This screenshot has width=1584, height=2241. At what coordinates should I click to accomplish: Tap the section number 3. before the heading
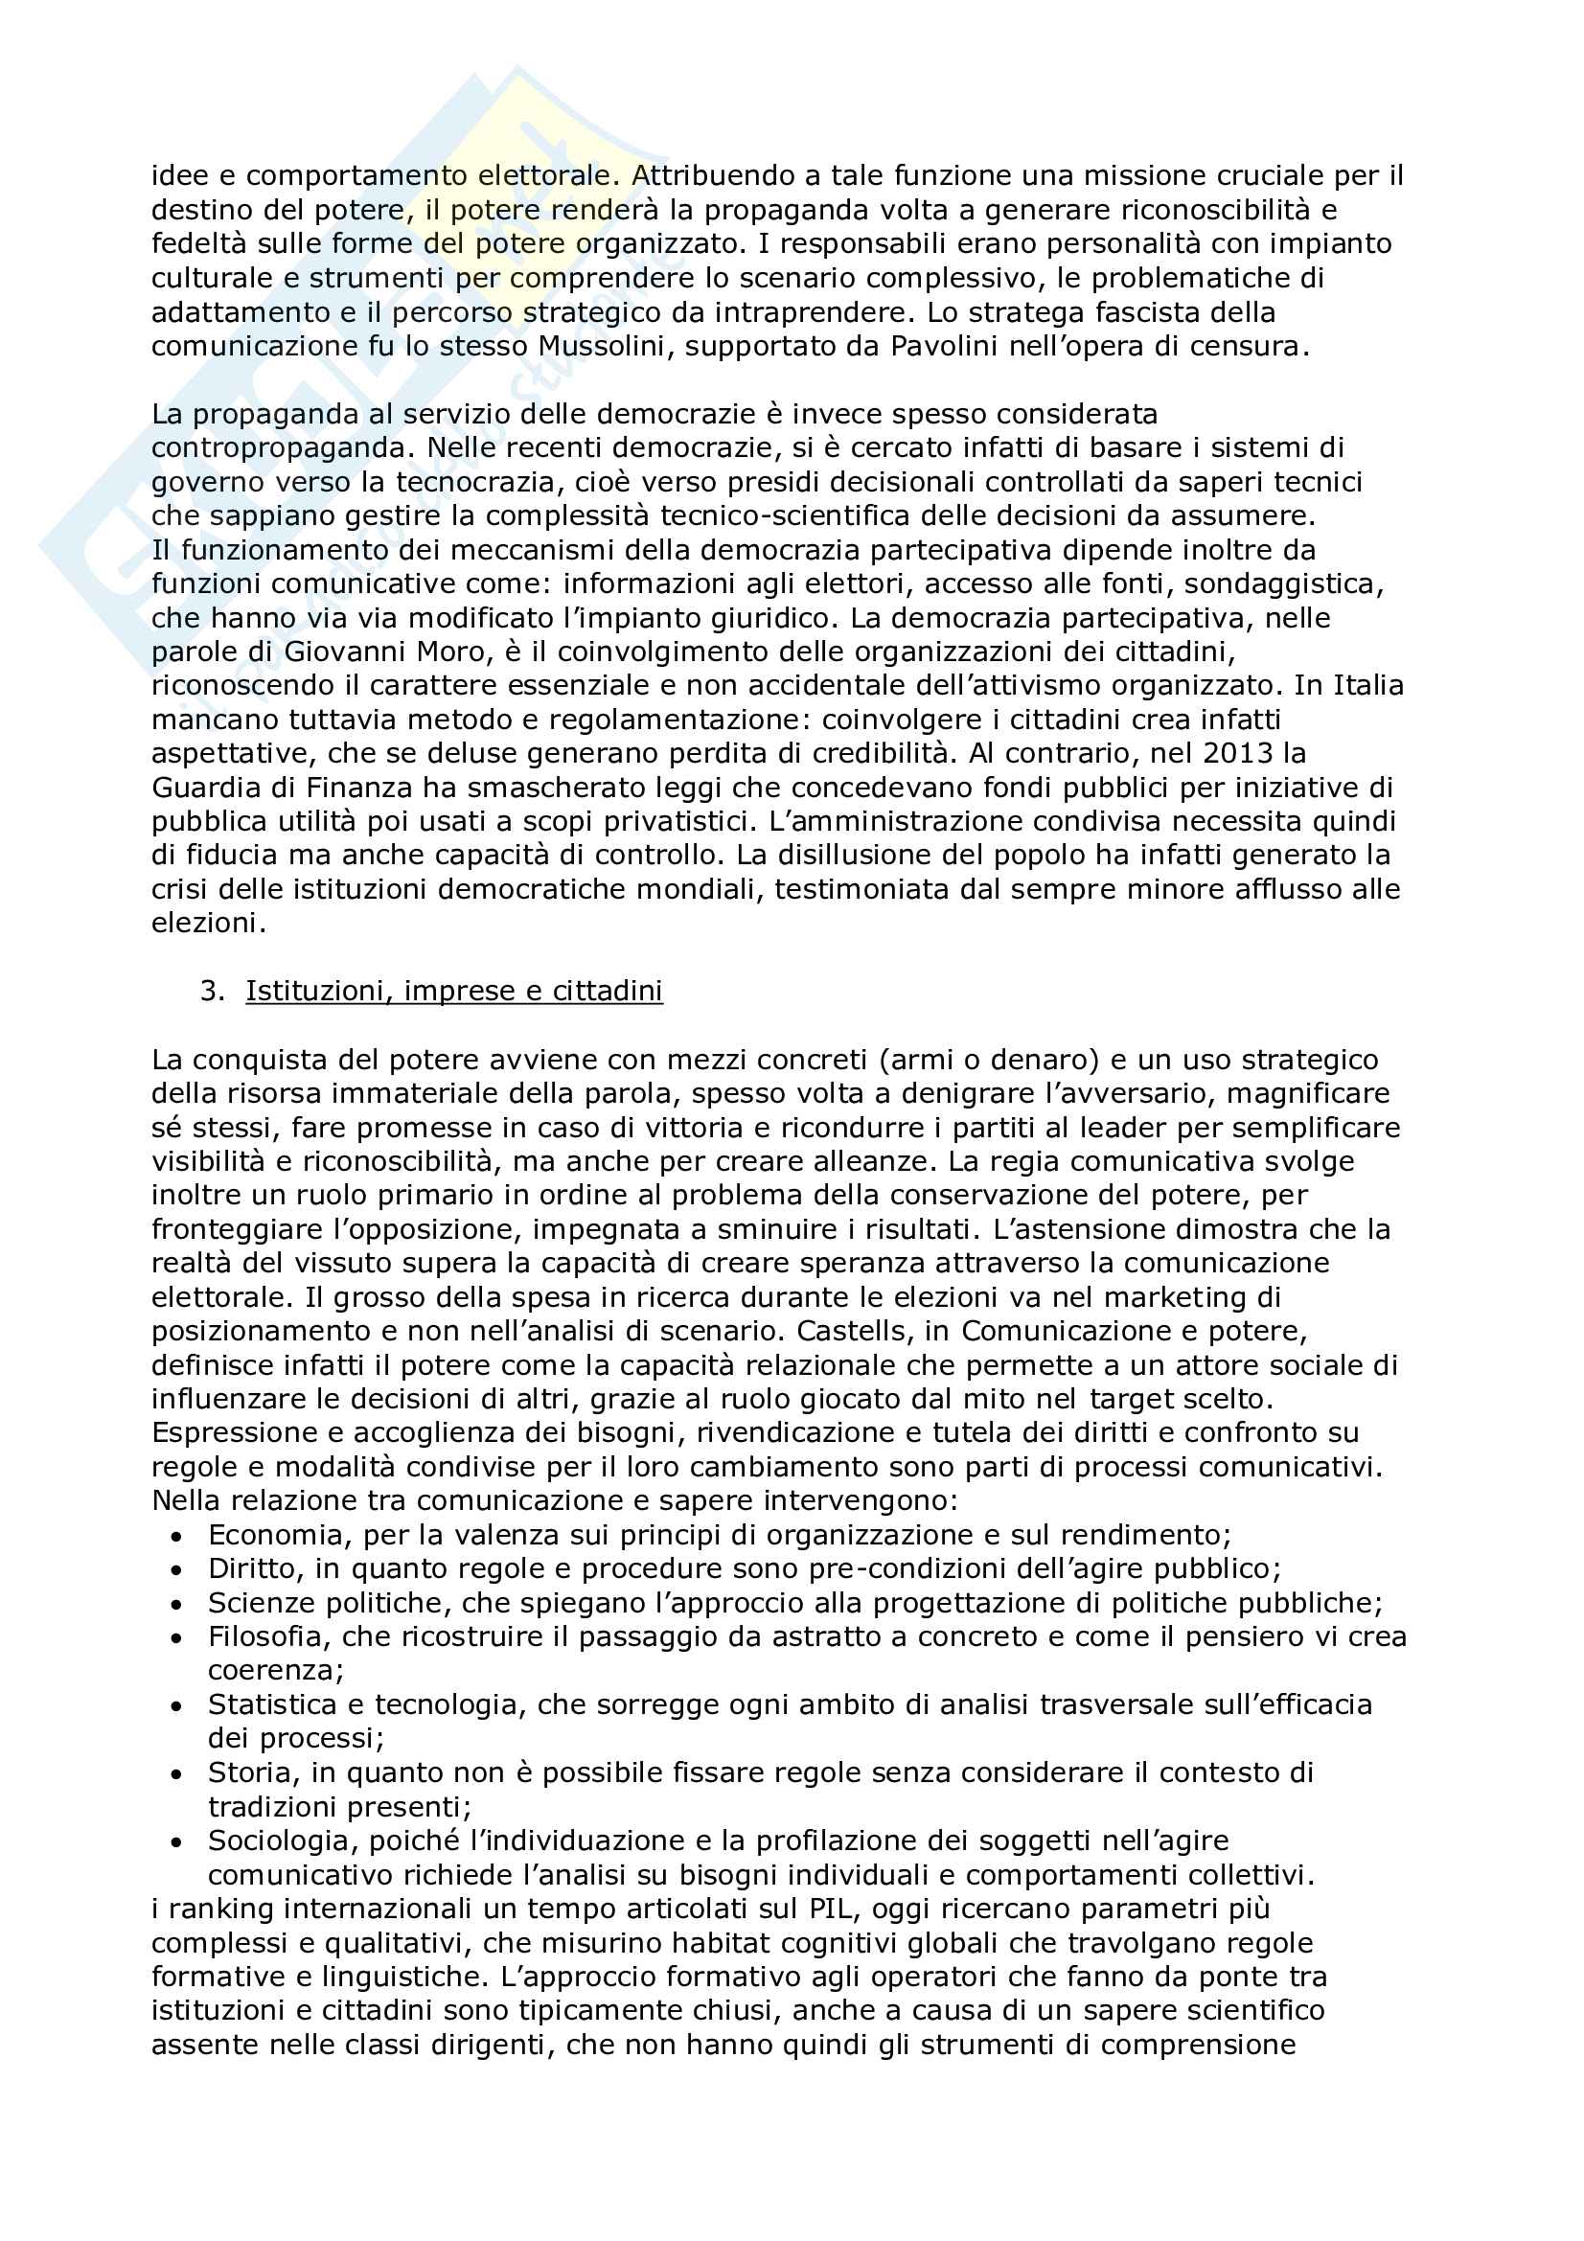(212, 991)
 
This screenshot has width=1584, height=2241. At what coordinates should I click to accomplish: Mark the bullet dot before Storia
(175, 1774)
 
